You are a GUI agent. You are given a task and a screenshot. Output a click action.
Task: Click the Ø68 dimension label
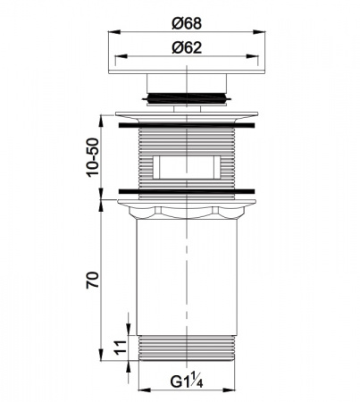[x=187, y=23]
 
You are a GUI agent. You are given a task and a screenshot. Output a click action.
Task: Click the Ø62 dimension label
[x=187, y=47]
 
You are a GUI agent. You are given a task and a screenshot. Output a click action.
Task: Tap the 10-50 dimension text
[x=92, y=157]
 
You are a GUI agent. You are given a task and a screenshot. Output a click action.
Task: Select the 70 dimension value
[x=92, y=280]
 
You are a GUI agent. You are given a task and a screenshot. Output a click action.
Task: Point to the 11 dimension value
[x=121, y=348]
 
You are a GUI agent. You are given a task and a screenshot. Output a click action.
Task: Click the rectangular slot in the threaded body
[x=187, y=167]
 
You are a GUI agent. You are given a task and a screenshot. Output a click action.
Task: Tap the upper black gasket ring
[x=187, y=125]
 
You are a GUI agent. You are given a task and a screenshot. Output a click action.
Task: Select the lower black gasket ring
[x=187, y=191]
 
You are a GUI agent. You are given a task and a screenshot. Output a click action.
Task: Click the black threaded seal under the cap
[x=187, y=98]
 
